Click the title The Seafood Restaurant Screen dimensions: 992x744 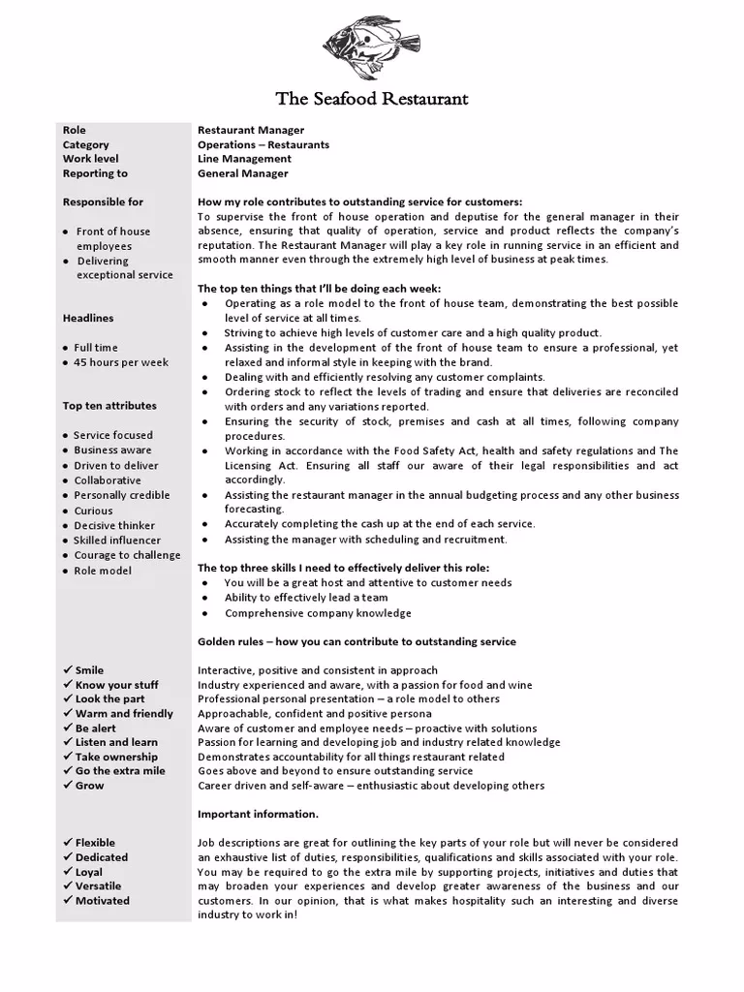tap(372, 99)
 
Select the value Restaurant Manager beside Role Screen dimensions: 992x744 tap(251, 130)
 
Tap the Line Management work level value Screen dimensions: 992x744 tap(244, 159)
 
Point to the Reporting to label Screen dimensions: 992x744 tap(95, 173)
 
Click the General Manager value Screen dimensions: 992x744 tap(242, 173)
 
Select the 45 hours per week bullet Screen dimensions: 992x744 tap(120, 362)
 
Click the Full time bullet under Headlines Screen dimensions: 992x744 tap(95, 347)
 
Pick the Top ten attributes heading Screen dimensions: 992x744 tap(109, 406)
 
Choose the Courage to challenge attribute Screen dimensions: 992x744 tap(126, 555)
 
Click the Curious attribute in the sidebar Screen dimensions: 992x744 tap(93, 511)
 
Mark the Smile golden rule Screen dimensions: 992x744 tap(89, 670)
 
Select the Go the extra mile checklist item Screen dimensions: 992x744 tap(119, 771)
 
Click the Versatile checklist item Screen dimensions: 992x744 tap(98, 885)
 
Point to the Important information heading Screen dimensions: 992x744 tap(258, 814)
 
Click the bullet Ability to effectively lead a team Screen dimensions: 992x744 tap(306, 598)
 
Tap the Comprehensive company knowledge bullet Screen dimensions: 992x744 tap(318, 613)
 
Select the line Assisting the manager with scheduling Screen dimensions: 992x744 tap(365, 540)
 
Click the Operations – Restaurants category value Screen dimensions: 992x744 tap(263, 144)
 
